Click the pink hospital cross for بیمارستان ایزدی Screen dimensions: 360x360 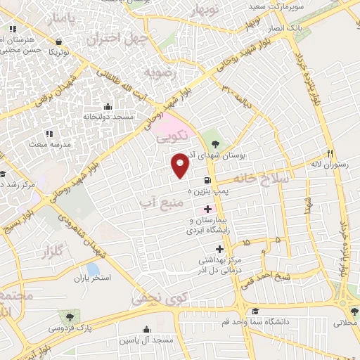(207, 209)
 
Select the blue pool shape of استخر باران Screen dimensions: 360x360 (93, 269)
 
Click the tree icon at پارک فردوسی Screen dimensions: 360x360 (68, 316)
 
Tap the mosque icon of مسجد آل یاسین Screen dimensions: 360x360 (146, 329)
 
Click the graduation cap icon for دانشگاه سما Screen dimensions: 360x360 (256, 310)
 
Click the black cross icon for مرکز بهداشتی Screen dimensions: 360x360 (219, 250)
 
